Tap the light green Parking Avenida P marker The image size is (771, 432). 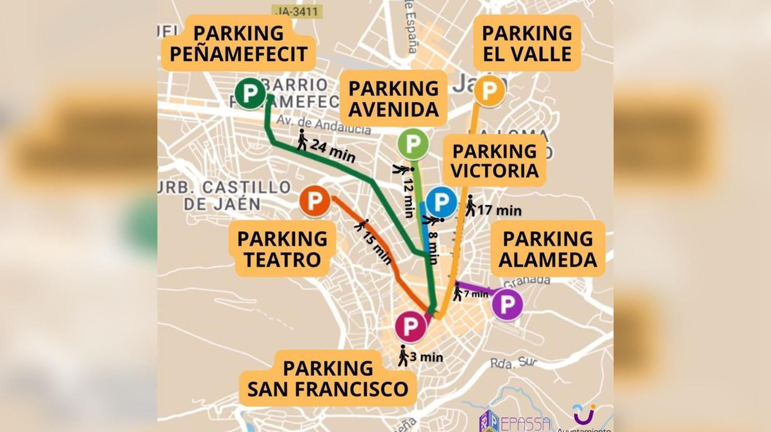pos(413,144)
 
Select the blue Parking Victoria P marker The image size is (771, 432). pos(441,202)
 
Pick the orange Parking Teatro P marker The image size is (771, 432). pos(315,201)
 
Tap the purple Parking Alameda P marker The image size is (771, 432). pos(507,304)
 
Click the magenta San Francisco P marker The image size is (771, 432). pos(410,326)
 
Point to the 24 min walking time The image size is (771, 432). pos(332,150)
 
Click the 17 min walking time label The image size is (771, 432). pos(499,210)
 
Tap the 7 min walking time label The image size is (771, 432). pos(475,294)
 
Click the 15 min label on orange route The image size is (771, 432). pos(377,247)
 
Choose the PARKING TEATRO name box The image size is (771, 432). pos(282,249)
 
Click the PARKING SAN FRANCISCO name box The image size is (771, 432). pos(328,378)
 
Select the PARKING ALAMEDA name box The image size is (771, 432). pos(547,249)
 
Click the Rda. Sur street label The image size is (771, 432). pos(513,363)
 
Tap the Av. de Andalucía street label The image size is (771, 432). pos(323,125)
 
